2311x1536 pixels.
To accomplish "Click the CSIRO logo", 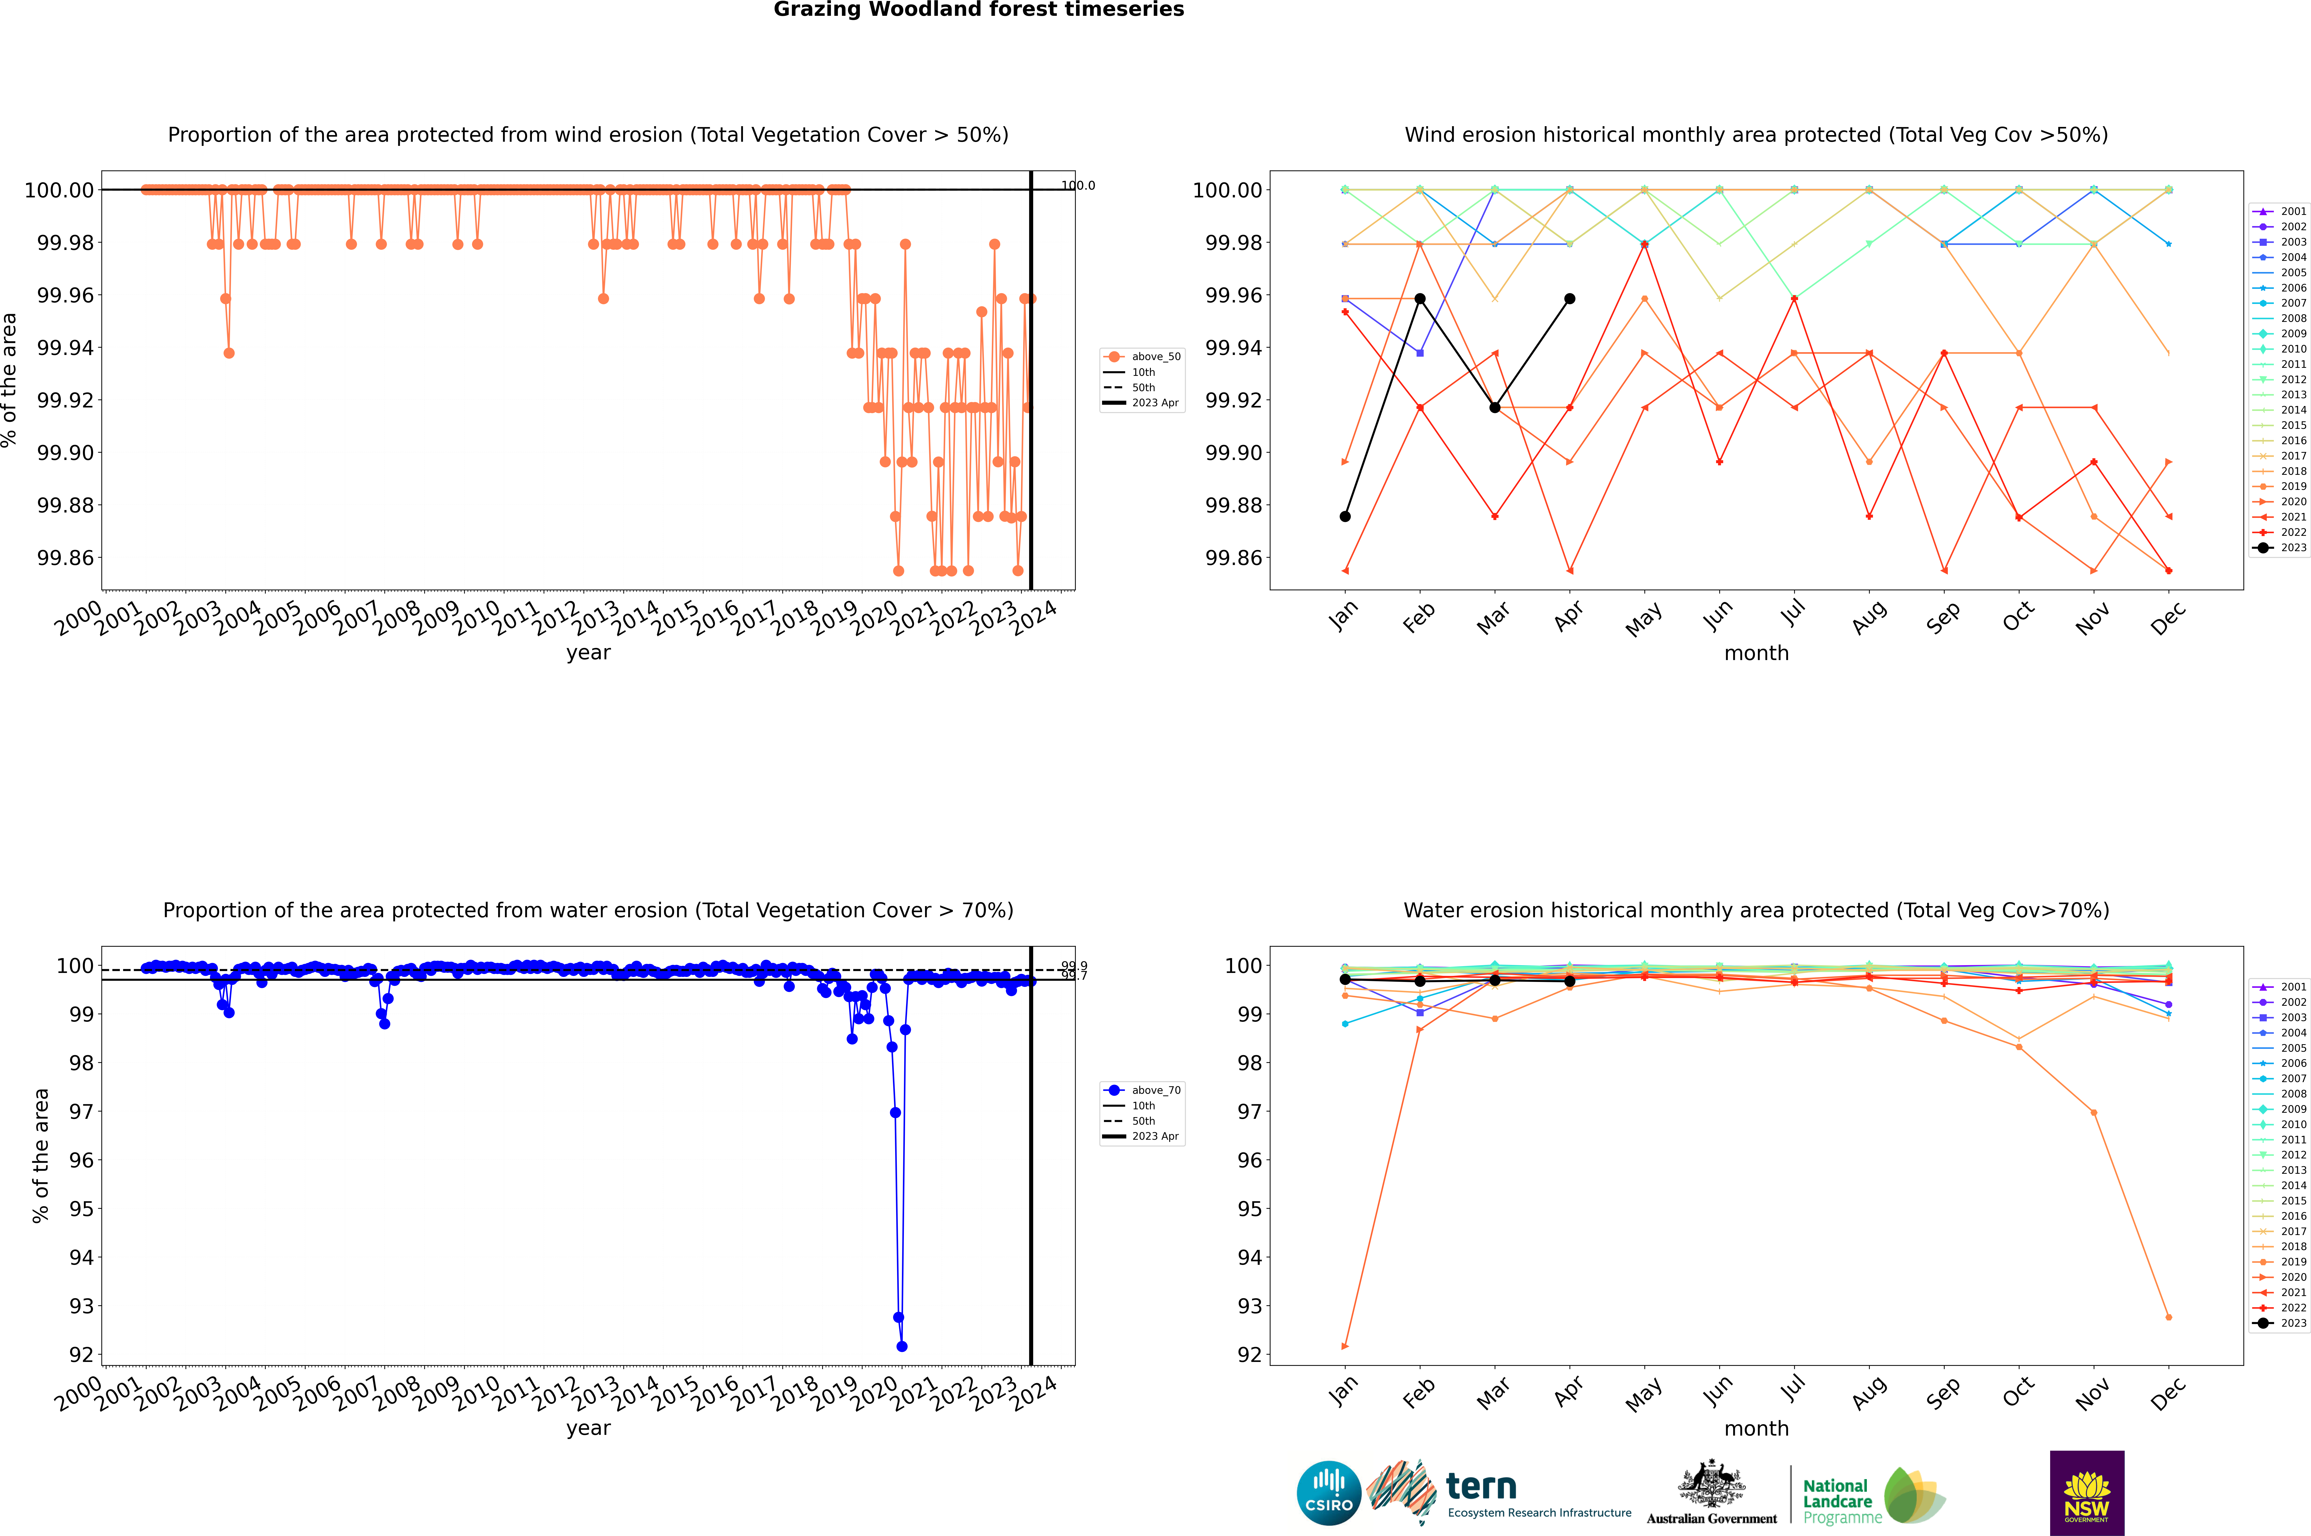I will click(1328, 1493).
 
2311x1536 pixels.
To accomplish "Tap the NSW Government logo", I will click(2087, 1493).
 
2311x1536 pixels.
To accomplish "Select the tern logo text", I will click(1481, 1487).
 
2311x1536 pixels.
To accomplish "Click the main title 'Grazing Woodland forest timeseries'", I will click(979, 10).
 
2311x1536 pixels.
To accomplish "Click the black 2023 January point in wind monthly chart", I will click(1345, 516).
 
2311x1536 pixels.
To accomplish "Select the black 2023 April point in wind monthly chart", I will click(1570, 299).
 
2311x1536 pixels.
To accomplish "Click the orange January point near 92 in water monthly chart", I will click(1345, 1346).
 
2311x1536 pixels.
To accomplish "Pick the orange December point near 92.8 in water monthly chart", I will click(2168, 1316).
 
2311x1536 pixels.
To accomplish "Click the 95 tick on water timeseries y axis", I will click(81, 1209).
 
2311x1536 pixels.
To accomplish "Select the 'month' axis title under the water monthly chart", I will click(1755, 1428).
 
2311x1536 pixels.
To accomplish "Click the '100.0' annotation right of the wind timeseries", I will click(1078, 185).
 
